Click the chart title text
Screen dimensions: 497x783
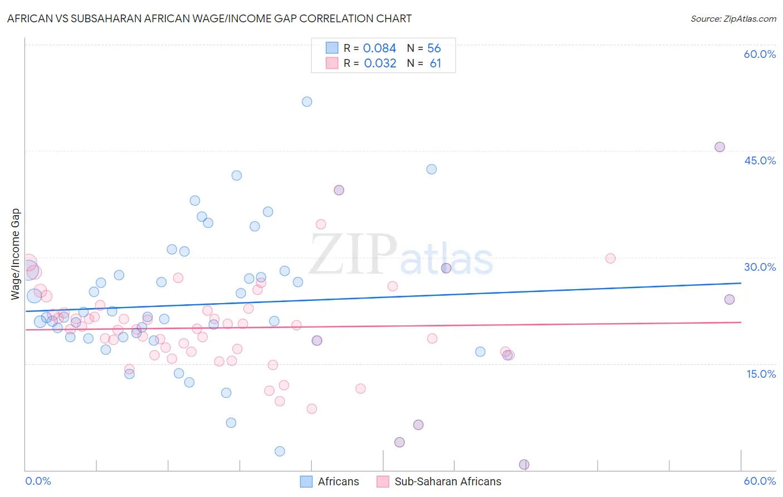coord(209,18)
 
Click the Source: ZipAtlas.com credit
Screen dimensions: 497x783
coord(733,18)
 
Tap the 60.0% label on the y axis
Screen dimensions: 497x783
coord(760,54)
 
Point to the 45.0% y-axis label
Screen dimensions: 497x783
coord(760,160)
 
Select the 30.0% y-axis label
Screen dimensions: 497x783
coord(760,267)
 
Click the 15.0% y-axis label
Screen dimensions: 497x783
coord(761,374)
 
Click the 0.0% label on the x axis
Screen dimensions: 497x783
coord(38,481)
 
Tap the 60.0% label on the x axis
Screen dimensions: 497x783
coord(760,481)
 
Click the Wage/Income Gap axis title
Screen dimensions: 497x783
coord(16,254)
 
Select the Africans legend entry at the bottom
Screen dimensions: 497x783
coord(330,481)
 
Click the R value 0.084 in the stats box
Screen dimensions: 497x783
coord(379,48)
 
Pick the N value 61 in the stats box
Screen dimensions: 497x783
coord(435,64)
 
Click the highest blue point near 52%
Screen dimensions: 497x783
coord(307,101)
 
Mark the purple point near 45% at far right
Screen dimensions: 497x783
coord(720,147)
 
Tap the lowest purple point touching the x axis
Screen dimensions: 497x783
coord(524,465)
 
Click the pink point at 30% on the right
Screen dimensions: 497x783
coord(610,258)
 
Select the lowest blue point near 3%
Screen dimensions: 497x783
coord(280,451)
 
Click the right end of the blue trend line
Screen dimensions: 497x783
coord(741,283)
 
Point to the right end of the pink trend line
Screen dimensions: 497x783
coord(741,322)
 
